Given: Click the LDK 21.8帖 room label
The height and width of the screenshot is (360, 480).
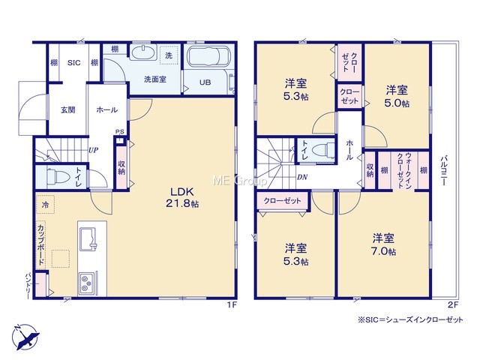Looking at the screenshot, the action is (182, 198).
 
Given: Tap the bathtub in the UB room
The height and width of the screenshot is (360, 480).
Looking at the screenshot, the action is (208, 56).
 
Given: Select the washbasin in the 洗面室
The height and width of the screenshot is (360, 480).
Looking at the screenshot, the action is (143, 52).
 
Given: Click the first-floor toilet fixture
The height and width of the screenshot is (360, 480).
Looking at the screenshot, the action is (57, 176).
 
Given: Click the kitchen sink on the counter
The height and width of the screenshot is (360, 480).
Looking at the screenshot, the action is (88, 239).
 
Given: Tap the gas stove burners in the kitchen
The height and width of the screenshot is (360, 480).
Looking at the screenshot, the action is (85, 283).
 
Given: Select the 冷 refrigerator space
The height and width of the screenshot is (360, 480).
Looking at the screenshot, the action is (45, 204).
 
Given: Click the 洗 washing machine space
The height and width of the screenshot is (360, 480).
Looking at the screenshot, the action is (169, 55).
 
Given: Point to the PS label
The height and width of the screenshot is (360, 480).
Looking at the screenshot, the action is (120, 132).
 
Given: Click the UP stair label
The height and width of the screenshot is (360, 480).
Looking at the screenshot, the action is (93, 150).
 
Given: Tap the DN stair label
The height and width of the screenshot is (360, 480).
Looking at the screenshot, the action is (302, 177).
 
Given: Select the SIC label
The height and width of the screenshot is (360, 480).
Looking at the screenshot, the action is (73, 63).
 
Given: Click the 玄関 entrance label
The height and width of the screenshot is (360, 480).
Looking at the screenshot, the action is (68, 109).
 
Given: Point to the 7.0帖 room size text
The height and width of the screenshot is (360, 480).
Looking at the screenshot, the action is (383, 251).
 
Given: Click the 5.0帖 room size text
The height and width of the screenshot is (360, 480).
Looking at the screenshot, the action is (397, 103).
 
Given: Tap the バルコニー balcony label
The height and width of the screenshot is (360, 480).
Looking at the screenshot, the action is (443, 171).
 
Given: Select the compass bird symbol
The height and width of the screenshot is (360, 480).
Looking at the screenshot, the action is (26, 337).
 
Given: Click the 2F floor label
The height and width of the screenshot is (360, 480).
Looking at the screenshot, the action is (453, 304).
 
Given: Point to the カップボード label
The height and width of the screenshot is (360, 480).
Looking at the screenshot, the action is (40, 245).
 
